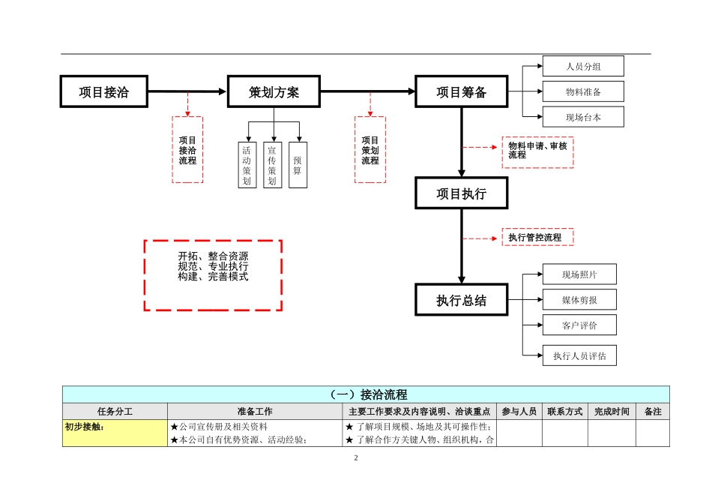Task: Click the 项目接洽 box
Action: (x=103, y=92)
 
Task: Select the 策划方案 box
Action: (x=274, y=92)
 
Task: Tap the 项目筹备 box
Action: (x=461, y=92)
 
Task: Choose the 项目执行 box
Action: (x=461, y=194)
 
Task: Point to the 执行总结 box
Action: (x=461, y=301)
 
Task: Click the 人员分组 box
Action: (x=583, y=66)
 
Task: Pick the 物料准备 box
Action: (x=583, y=91)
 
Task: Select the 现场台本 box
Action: (x=583, y=117)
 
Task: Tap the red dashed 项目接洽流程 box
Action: (x=187, y=149)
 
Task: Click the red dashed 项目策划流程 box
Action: (x=370, y=149)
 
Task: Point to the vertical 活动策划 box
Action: (x=246, y=165)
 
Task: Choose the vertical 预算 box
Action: (x=298, y=165)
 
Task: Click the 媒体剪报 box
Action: (x=579, y=300)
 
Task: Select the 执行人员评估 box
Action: (x=579, y=355)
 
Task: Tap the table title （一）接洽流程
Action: (x=366, y=394)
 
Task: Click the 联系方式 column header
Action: (x=564, y=412)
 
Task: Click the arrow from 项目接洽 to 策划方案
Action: (x=187, y=92)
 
